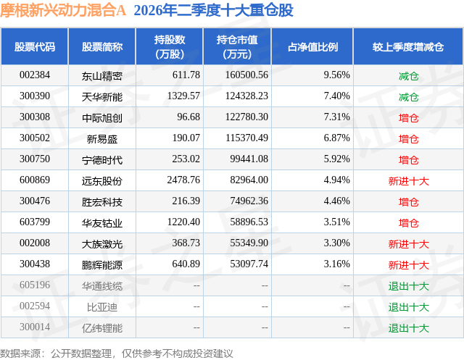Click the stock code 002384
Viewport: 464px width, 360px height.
35,75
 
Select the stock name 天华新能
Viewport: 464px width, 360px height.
102,96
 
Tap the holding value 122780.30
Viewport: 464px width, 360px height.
246,117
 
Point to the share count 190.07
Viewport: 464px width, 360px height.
186,138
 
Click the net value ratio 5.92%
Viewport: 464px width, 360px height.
336,159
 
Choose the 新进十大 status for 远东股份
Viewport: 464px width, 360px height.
408,181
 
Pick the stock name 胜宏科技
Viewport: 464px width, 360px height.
102,202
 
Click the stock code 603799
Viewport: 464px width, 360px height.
35,222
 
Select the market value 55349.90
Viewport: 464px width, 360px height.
249,243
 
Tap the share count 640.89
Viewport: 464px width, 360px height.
186,264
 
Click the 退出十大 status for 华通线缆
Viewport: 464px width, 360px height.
408,286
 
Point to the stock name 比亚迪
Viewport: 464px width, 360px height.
102,307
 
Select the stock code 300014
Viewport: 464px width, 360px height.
35,327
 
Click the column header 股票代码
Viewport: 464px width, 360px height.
35,47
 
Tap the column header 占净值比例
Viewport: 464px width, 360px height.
312,47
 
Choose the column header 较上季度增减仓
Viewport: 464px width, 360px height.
408,47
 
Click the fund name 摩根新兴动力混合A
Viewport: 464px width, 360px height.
63,10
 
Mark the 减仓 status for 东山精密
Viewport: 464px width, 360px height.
408,76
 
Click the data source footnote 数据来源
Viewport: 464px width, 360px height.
20,353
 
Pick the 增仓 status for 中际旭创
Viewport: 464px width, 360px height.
408,118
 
